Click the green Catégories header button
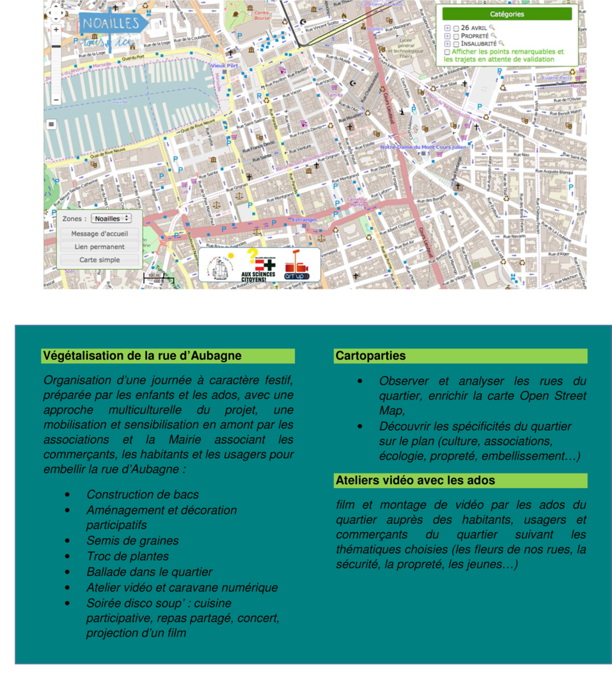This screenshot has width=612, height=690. (506, 14)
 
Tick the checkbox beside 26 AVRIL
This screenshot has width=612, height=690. (456, 28)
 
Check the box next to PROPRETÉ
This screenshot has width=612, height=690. (456, 36)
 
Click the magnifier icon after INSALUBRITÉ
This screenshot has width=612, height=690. (501, 43)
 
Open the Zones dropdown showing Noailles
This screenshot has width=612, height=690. (111, 218)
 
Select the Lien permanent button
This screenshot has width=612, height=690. (99, 247)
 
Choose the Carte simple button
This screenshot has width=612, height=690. (99, 260)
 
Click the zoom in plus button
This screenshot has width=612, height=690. (56, 29)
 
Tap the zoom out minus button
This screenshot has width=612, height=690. (56, 100)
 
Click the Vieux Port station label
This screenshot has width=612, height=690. (224, 65)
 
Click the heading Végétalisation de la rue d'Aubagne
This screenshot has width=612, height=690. (142, 356)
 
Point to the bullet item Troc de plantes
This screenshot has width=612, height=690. (128, 556)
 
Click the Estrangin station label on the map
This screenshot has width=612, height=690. (304, 220)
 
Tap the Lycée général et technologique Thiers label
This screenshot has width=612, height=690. (405, 48)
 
